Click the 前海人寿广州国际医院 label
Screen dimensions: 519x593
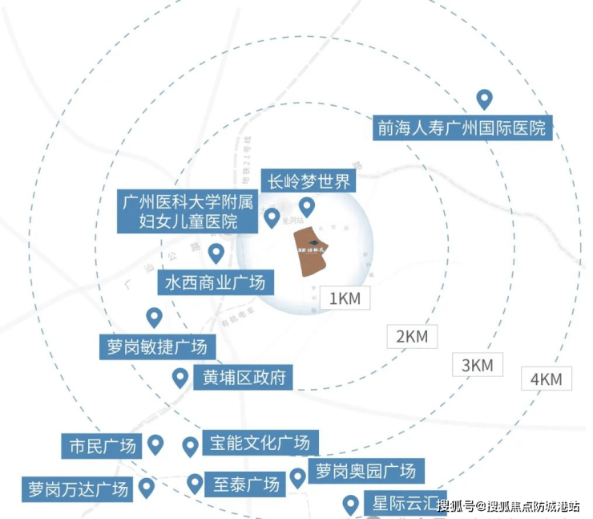(x=463, y=127)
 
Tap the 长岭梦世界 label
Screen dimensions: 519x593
(x=309, y=181)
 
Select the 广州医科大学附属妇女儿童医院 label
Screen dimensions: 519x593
(x=190, y=211)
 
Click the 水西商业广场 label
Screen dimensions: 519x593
(x=215, y=282)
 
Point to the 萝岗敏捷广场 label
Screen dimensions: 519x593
(x=157, y=347)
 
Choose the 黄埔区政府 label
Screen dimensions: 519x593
(x=243, y=376)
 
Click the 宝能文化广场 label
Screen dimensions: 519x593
(x=260, y=442)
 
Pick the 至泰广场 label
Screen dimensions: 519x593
(x=246, y=484)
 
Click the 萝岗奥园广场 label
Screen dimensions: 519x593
(x=365, y=471)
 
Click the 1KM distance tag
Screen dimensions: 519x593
(x=346, y=298)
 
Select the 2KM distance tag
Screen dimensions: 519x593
(x=412, y=336)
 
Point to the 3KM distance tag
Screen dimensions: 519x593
(x=478, y=365)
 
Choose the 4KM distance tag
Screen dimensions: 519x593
(x=547, y=379)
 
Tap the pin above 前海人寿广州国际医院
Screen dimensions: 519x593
(x=484, y=99)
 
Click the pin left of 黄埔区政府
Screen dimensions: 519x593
(x=180, y=378)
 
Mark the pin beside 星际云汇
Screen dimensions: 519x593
(x=350, y=505)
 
